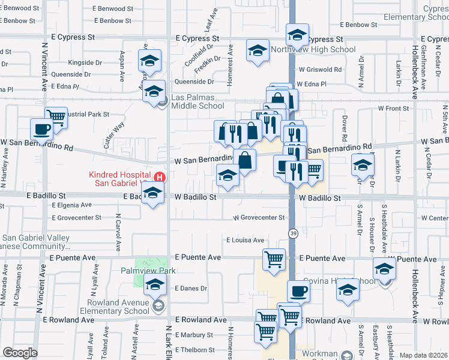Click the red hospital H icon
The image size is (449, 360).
pos(160,177)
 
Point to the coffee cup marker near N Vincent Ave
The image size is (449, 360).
pos(43,128)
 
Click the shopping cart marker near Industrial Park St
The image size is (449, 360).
pos(56,116)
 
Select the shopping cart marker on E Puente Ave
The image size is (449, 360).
pos(274,260)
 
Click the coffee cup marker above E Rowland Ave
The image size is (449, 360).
pos(298,292)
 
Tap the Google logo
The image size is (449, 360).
pos(19,352)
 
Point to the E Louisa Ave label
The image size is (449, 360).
pos(245,240)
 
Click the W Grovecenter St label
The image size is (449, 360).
pos(258,217)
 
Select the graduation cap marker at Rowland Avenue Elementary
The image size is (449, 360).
pos(155,286)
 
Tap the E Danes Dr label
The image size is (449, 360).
pos(190,288)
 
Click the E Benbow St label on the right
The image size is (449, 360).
pos(358,25)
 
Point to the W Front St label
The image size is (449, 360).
pos(393,108)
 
